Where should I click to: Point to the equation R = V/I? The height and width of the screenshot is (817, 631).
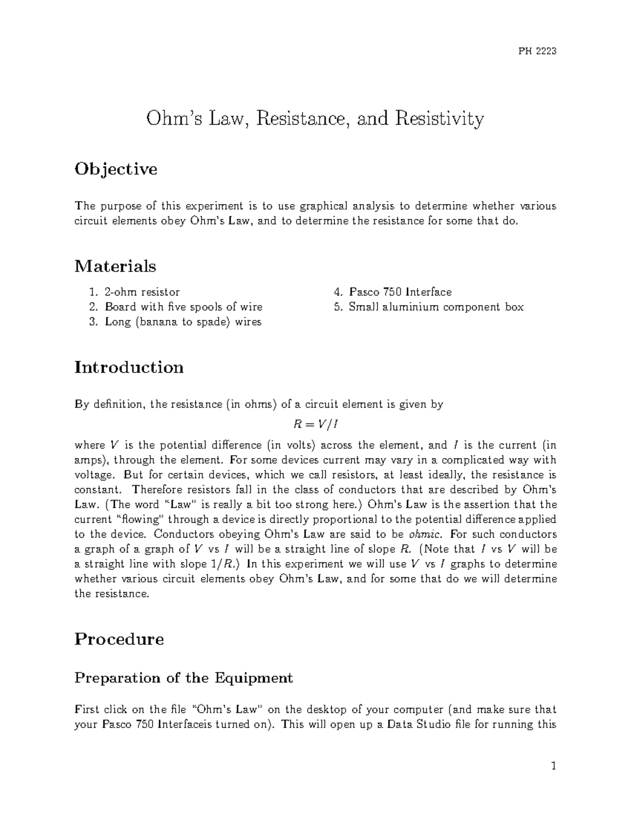(315, 424)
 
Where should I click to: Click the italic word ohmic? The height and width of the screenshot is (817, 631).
(423, 534)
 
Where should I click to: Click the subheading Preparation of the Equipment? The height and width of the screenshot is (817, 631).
(184, 678)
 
